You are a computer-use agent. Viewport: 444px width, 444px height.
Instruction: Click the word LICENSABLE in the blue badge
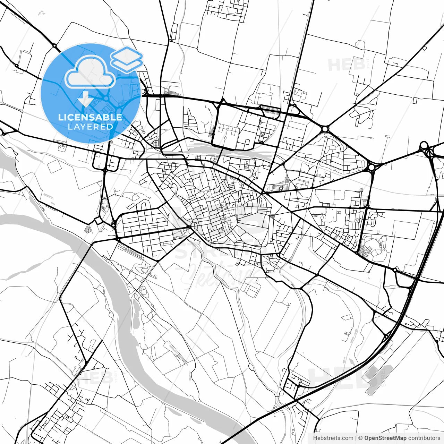click(x=90, y=117)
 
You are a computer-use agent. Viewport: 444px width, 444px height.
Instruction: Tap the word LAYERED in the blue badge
click(x=90, y=127)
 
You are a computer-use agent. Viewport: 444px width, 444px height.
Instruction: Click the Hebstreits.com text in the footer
click(x=333, y=438)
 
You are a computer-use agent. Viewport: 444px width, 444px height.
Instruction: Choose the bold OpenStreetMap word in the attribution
click(x=385, y=438)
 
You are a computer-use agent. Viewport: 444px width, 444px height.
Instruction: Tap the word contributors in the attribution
click(x=424, y=438)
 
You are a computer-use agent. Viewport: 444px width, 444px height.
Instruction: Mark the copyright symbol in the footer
click(x=360, y=438)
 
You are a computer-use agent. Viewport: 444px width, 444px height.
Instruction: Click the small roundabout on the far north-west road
click(x=54, y=45)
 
